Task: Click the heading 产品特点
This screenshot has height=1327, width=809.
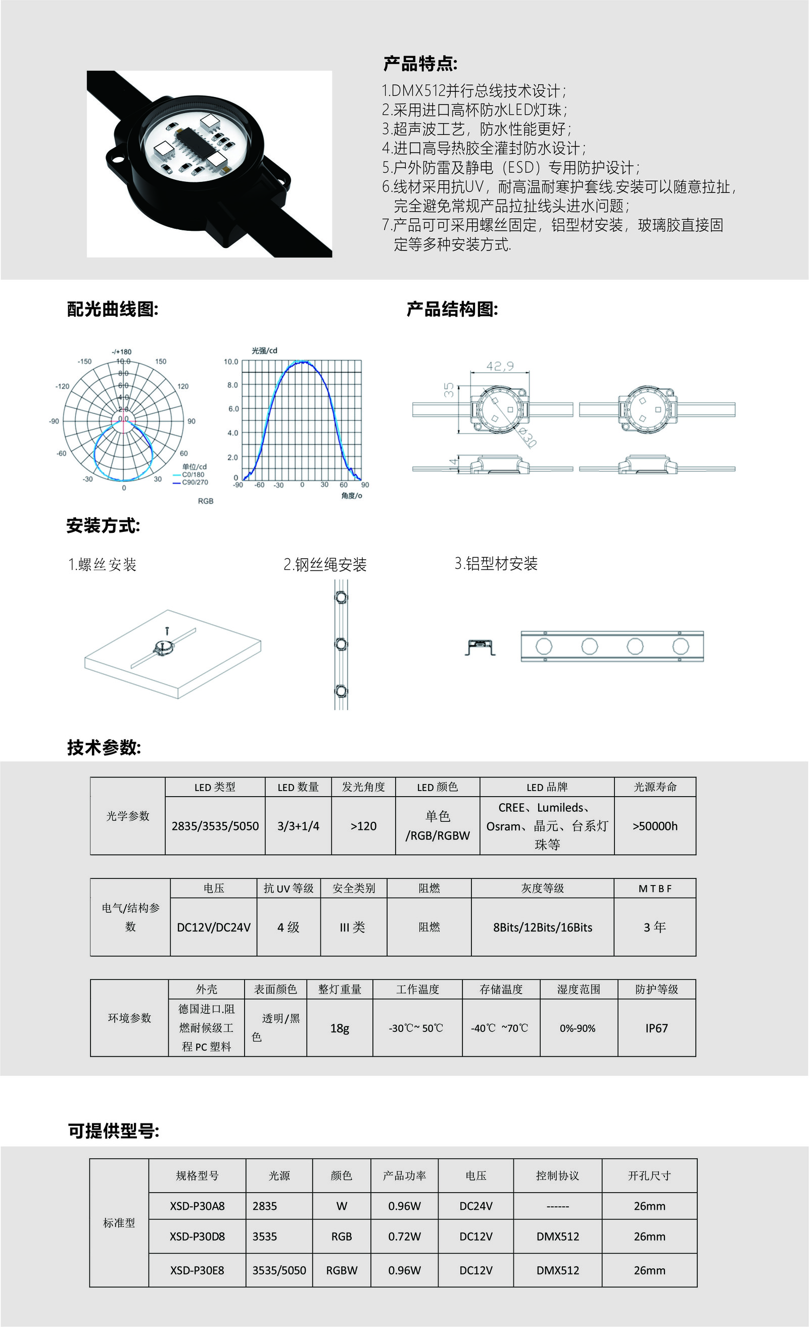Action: pos(420,64)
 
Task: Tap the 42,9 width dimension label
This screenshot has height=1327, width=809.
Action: pos(500,366)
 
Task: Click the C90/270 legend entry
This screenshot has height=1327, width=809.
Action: pos(195,482)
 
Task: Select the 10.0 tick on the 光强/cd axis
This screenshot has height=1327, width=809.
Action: pos(231,361)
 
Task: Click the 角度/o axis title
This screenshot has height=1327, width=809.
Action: pos(352,496)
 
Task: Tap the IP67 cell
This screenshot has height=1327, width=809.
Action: pos(656,1028)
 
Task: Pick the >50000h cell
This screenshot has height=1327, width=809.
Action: pos(655,825)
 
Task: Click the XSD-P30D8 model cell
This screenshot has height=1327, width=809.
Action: pos(197,1236)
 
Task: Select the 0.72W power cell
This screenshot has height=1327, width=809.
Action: pos(404,1236)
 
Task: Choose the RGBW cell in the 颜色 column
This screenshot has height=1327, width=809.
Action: pos(342,1270)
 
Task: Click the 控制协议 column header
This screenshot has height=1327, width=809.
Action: pos(557,1175)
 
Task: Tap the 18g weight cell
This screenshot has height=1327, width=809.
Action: pos(340,1028)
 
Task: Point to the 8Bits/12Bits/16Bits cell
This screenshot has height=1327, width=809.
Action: pos(542,927)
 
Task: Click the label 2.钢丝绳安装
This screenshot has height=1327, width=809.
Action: pos(325,564)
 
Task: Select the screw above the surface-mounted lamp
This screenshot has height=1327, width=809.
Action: pos(167,630)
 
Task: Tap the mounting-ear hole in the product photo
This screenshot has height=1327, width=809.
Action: pos(115,157)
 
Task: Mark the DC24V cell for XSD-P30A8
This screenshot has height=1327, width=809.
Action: pos(475,1206)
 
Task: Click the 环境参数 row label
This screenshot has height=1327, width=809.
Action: pos(129,1017)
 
